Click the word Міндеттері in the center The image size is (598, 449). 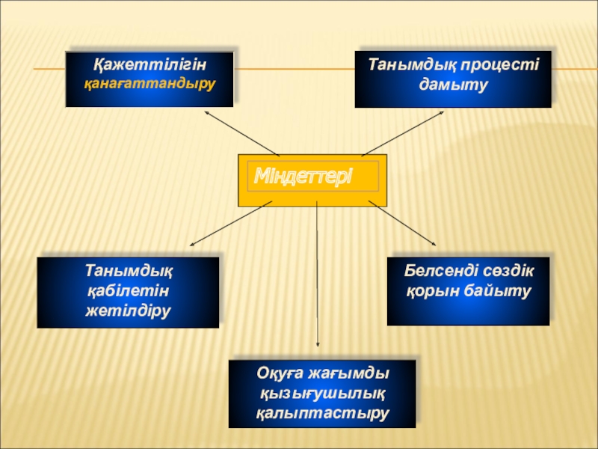tap(303, 177)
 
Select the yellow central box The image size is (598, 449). tap(312, 196)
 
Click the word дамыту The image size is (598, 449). tap(454, 84)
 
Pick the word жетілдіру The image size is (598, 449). tap(128, 308)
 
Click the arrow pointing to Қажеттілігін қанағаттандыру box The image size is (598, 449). tap(241, 133)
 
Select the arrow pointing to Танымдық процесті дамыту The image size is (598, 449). tap(404, 133)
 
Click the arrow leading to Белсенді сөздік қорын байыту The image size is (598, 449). tap(401, 223)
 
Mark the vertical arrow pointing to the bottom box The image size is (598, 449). tap(318, 277)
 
